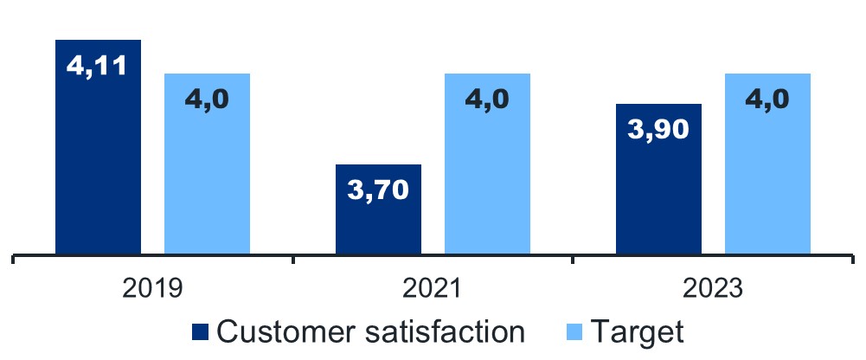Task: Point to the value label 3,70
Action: [x=378, y=189]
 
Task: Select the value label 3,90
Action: [x=658, y=130]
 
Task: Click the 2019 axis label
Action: [x=152, y=287]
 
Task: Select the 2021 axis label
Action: [x=433, y=287]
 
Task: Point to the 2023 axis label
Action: [x=713, y=287]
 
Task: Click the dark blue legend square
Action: [x=201, y=331]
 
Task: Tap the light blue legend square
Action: [x=577, y=331]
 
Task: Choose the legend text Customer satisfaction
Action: [x=370, y=331]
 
